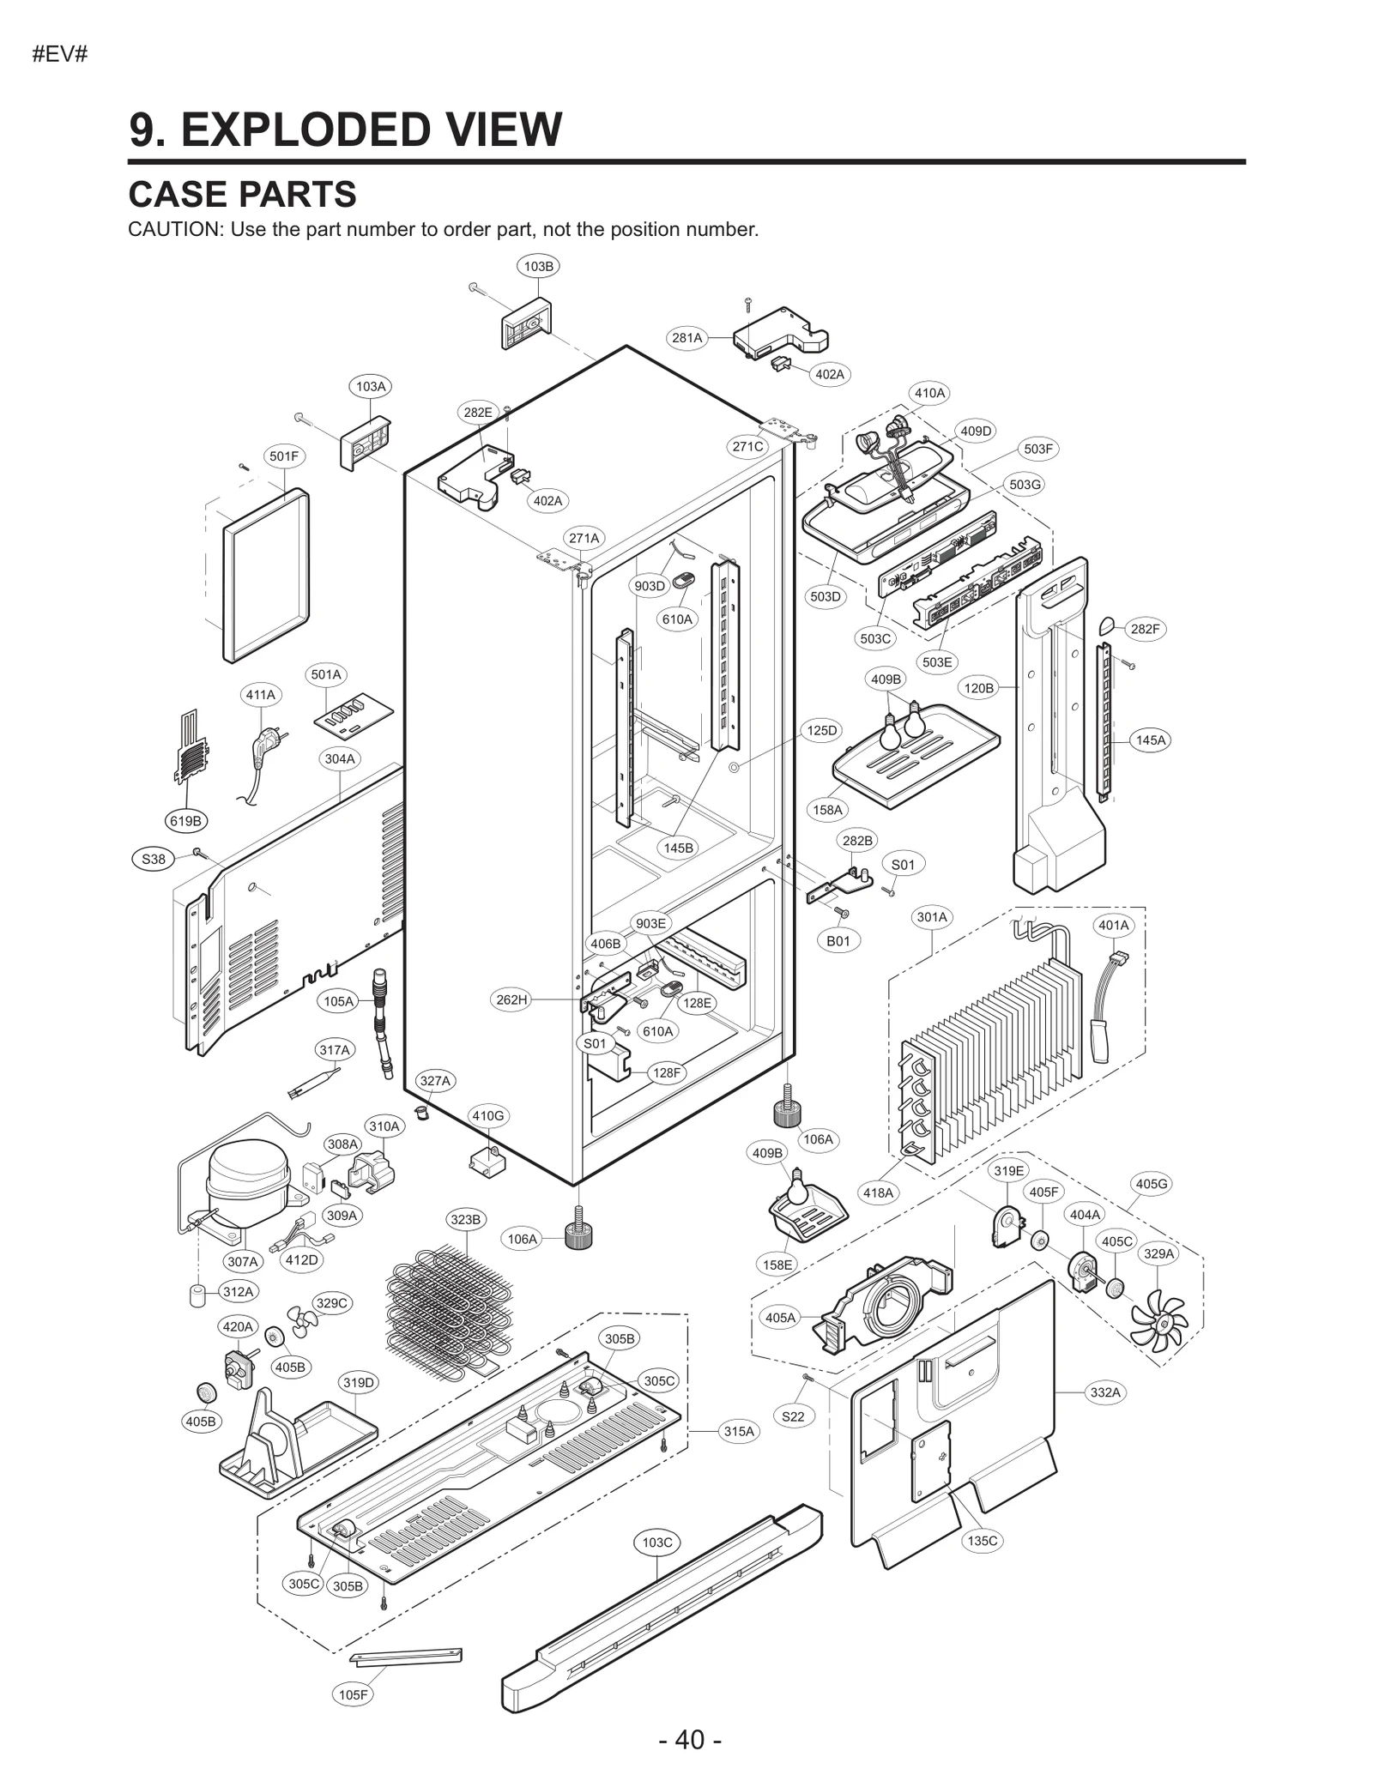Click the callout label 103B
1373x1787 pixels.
[538, 266]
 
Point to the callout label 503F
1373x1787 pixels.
[1037, 449]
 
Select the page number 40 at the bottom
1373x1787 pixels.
[690, 1740]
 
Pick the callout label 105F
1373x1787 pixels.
[353, 1694]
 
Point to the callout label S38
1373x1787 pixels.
[153, 859]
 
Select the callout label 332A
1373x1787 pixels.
[1105, 1392]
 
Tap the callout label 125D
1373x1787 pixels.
[821, 730]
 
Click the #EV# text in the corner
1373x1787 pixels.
[60, 56]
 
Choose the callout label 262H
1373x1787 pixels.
[511, 999]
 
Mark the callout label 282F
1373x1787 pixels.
[1145, 629]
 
